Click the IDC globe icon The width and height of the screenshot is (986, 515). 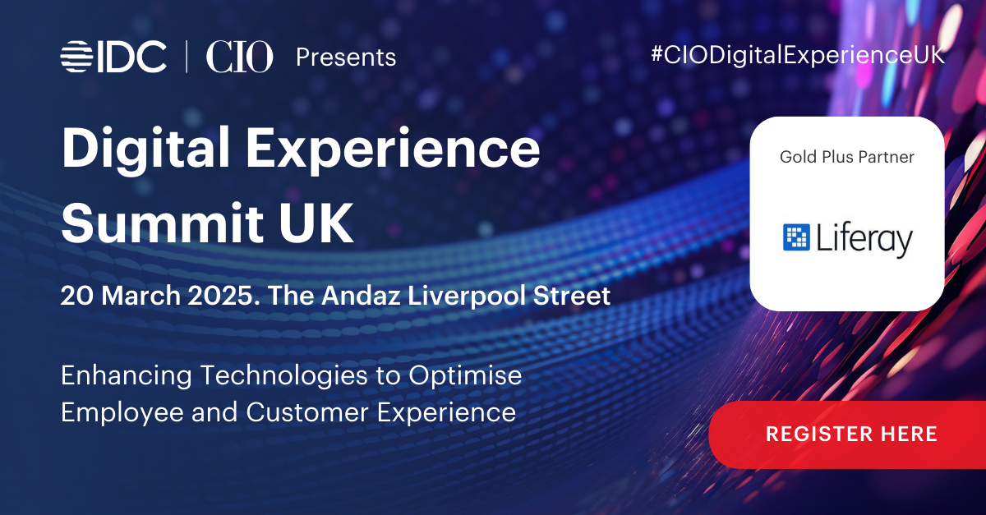[76, 57]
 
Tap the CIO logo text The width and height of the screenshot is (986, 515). [239, 57]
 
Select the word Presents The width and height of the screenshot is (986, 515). [346, 57]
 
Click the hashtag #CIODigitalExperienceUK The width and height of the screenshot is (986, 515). [798, 56]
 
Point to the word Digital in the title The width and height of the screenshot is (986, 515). [145, 149]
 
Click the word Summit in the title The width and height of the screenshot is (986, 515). [163, 223]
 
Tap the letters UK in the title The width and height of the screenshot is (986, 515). [316, 223]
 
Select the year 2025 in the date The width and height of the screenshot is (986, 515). [223, 295]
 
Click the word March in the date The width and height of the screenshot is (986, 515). [141, 295]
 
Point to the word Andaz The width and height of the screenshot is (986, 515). [361, 295]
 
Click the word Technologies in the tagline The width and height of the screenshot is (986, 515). [284, 376]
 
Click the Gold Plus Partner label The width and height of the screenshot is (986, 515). [847, 157]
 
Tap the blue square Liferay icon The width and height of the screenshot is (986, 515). [796, 237]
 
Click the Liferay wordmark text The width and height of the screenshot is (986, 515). [864, 239]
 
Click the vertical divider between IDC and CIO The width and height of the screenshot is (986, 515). [187, 57]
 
